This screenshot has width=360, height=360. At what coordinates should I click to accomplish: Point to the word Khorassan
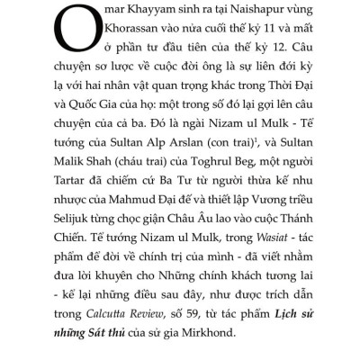point(110,34)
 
